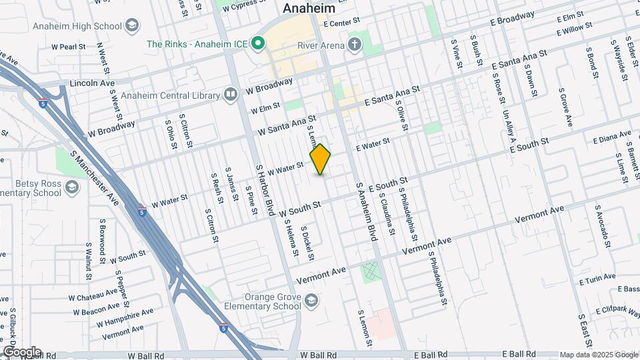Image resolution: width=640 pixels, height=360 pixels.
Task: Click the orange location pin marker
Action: [321, 159]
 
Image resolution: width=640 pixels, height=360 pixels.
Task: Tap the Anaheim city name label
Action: [309, 9]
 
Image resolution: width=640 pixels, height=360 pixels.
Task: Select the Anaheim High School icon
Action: [133, 27]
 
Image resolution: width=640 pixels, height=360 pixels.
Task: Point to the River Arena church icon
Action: [355, 45]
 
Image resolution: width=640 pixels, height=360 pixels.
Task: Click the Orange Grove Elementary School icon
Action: [311, 302]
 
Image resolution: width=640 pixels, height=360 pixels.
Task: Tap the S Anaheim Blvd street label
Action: [366, 213]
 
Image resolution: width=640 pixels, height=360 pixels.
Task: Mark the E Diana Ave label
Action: [611, 139]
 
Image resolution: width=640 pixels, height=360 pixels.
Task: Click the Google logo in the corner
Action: [21, 352]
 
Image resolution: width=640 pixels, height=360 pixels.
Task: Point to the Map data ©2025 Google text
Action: [598, 355]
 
